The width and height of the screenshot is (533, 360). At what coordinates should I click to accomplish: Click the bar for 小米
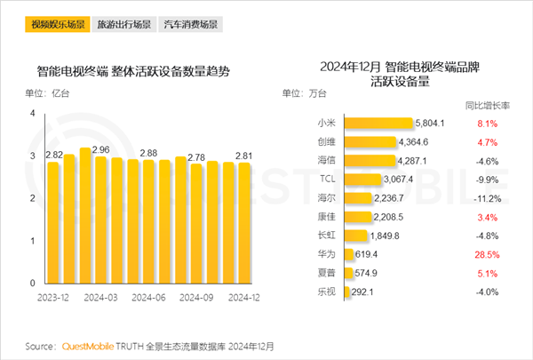[x=378, y=124]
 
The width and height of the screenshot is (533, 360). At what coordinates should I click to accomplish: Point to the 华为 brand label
[x=325, y=253]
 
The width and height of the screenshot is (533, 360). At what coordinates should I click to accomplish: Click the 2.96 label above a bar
[x=100, y=149]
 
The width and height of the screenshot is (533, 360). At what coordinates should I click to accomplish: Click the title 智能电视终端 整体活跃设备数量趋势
[x=133, y=72]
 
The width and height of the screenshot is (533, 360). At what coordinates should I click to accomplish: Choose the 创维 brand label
[x=325, y=142]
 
